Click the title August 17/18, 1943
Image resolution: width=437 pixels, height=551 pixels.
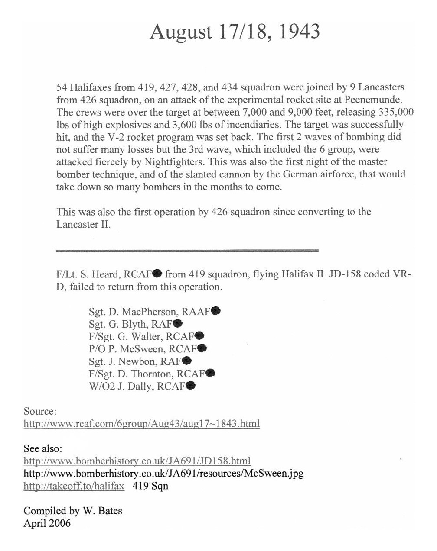(235, 32)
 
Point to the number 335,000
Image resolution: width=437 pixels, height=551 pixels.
(394, 112)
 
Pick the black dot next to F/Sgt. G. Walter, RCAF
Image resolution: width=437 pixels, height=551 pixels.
(199, 335)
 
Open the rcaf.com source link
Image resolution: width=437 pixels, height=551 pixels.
(141, 423)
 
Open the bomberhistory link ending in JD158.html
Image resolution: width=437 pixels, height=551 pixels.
(137, 461)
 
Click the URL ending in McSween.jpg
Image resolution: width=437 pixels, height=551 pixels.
(163, 473)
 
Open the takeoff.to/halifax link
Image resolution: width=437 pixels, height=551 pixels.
(74, 486)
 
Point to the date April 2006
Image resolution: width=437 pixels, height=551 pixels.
(47, 523)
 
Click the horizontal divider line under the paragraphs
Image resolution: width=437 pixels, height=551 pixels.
(187, 250)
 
